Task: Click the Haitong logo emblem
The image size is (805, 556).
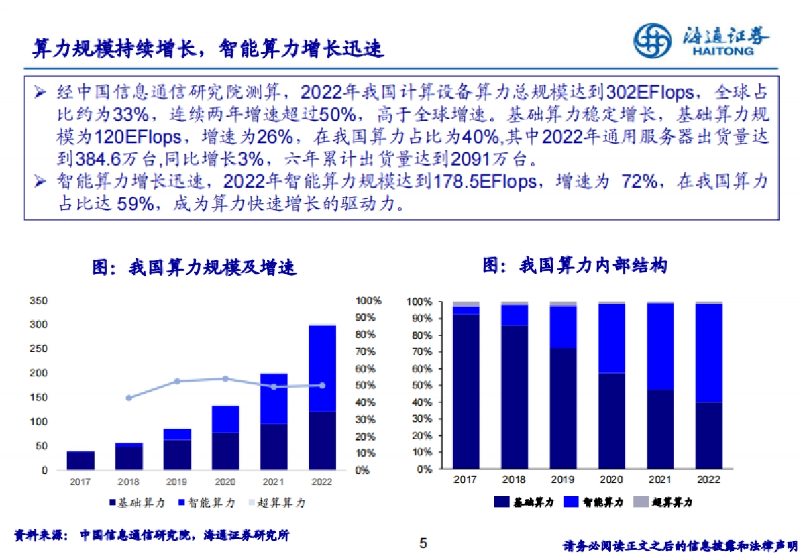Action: [653, 41]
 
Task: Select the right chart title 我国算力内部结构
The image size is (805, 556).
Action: [575, 266]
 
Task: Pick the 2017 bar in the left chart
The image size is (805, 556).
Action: [80, 461]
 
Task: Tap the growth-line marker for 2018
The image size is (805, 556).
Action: [129, 398]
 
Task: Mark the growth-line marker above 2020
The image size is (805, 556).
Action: [225, 378]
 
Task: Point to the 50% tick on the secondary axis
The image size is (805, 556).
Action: [368, 386]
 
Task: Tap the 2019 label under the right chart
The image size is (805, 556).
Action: [562, 479]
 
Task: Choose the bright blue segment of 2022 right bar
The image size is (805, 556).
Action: [708, 353]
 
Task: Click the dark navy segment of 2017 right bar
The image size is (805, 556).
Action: [466, 392]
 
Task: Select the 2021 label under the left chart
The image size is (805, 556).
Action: [274, 482]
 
